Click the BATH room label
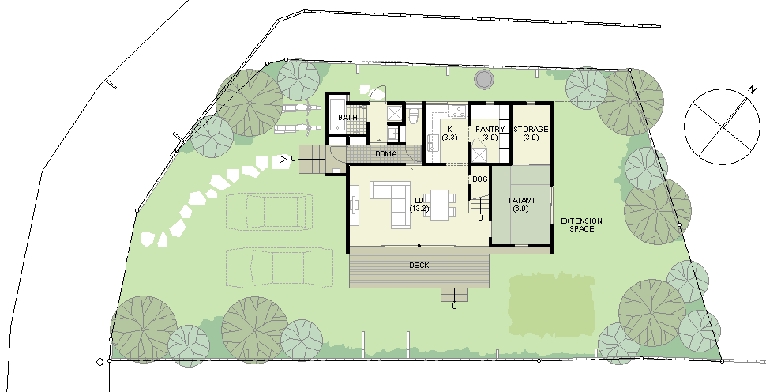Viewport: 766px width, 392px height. (x=347, y=117)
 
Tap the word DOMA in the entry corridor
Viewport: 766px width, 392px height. (x=386, y=154)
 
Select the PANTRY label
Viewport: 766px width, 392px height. (x=490, y=129)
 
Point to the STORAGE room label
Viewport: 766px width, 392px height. (x=531, y=130)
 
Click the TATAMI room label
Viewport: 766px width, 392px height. (x=520, y=201)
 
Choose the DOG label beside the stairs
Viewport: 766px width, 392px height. (x=480, y=179)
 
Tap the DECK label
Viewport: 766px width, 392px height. (x=419, y=265)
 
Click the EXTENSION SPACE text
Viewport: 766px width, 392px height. (x=581, y=224)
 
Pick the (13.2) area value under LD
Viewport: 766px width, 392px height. (x=419, y=209)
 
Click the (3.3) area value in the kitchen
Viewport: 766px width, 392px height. (x=449, y=138)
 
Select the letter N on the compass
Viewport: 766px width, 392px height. (x=751, y=89)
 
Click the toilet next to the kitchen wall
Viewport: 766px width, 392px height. (x=414, y=116)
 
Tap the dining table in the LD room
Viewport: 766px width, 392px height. (x=440, y=205)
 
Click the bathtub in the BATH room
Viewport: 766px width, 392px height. (x=337, y=115)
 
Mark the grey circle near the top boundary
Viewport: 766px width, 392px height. (x=483, y=79)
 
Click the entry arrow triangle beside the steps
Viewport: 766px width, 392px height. (x=283, y=159)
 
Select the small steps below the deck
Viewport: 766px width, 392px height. (x=454, y=295)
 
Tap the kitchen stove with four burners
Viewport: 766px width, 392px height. (x=458, y=111)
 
